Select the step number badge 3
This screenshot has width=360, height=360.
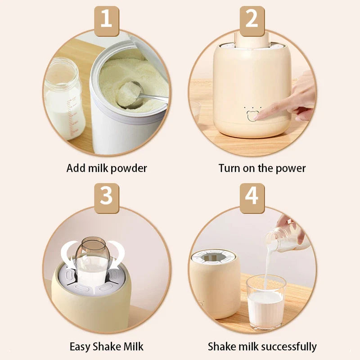[107, 197]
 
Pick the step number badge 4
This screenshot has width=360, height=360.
[252, 197]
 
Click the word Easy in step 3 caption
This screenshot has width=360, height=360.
[81, 346]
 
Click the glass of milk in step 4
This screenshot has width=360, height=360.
[266, 301]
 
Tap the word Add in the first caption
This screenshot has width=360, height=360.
[75, 169]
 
